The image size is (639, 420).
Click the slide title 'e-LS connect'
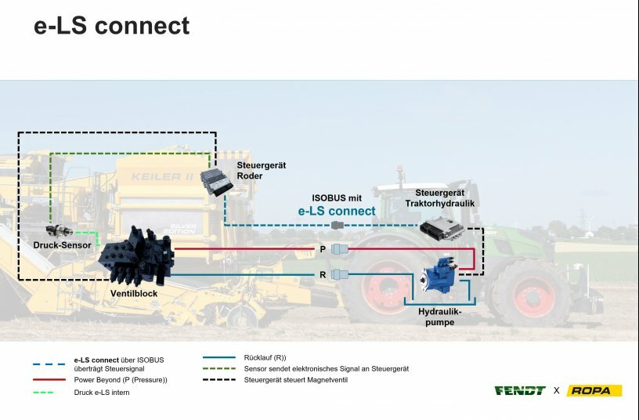111,25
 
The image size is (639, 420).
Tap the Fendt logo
519,390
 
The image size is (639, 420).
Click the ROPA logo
594,390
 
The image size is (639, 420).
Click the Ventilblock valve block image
135,259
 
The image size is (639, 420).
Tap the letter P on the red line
322,248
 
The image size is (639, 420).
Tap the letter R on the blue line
322,274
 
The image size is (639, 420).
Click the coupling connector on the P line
340,249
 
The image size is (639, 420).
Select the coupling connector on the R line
340,274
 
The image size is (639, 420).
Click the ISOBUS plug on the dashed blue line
338,225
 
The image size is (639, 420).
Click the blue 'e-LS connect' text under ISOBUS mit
337,211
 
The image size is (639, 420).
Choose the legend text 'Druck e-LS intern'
101,392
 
